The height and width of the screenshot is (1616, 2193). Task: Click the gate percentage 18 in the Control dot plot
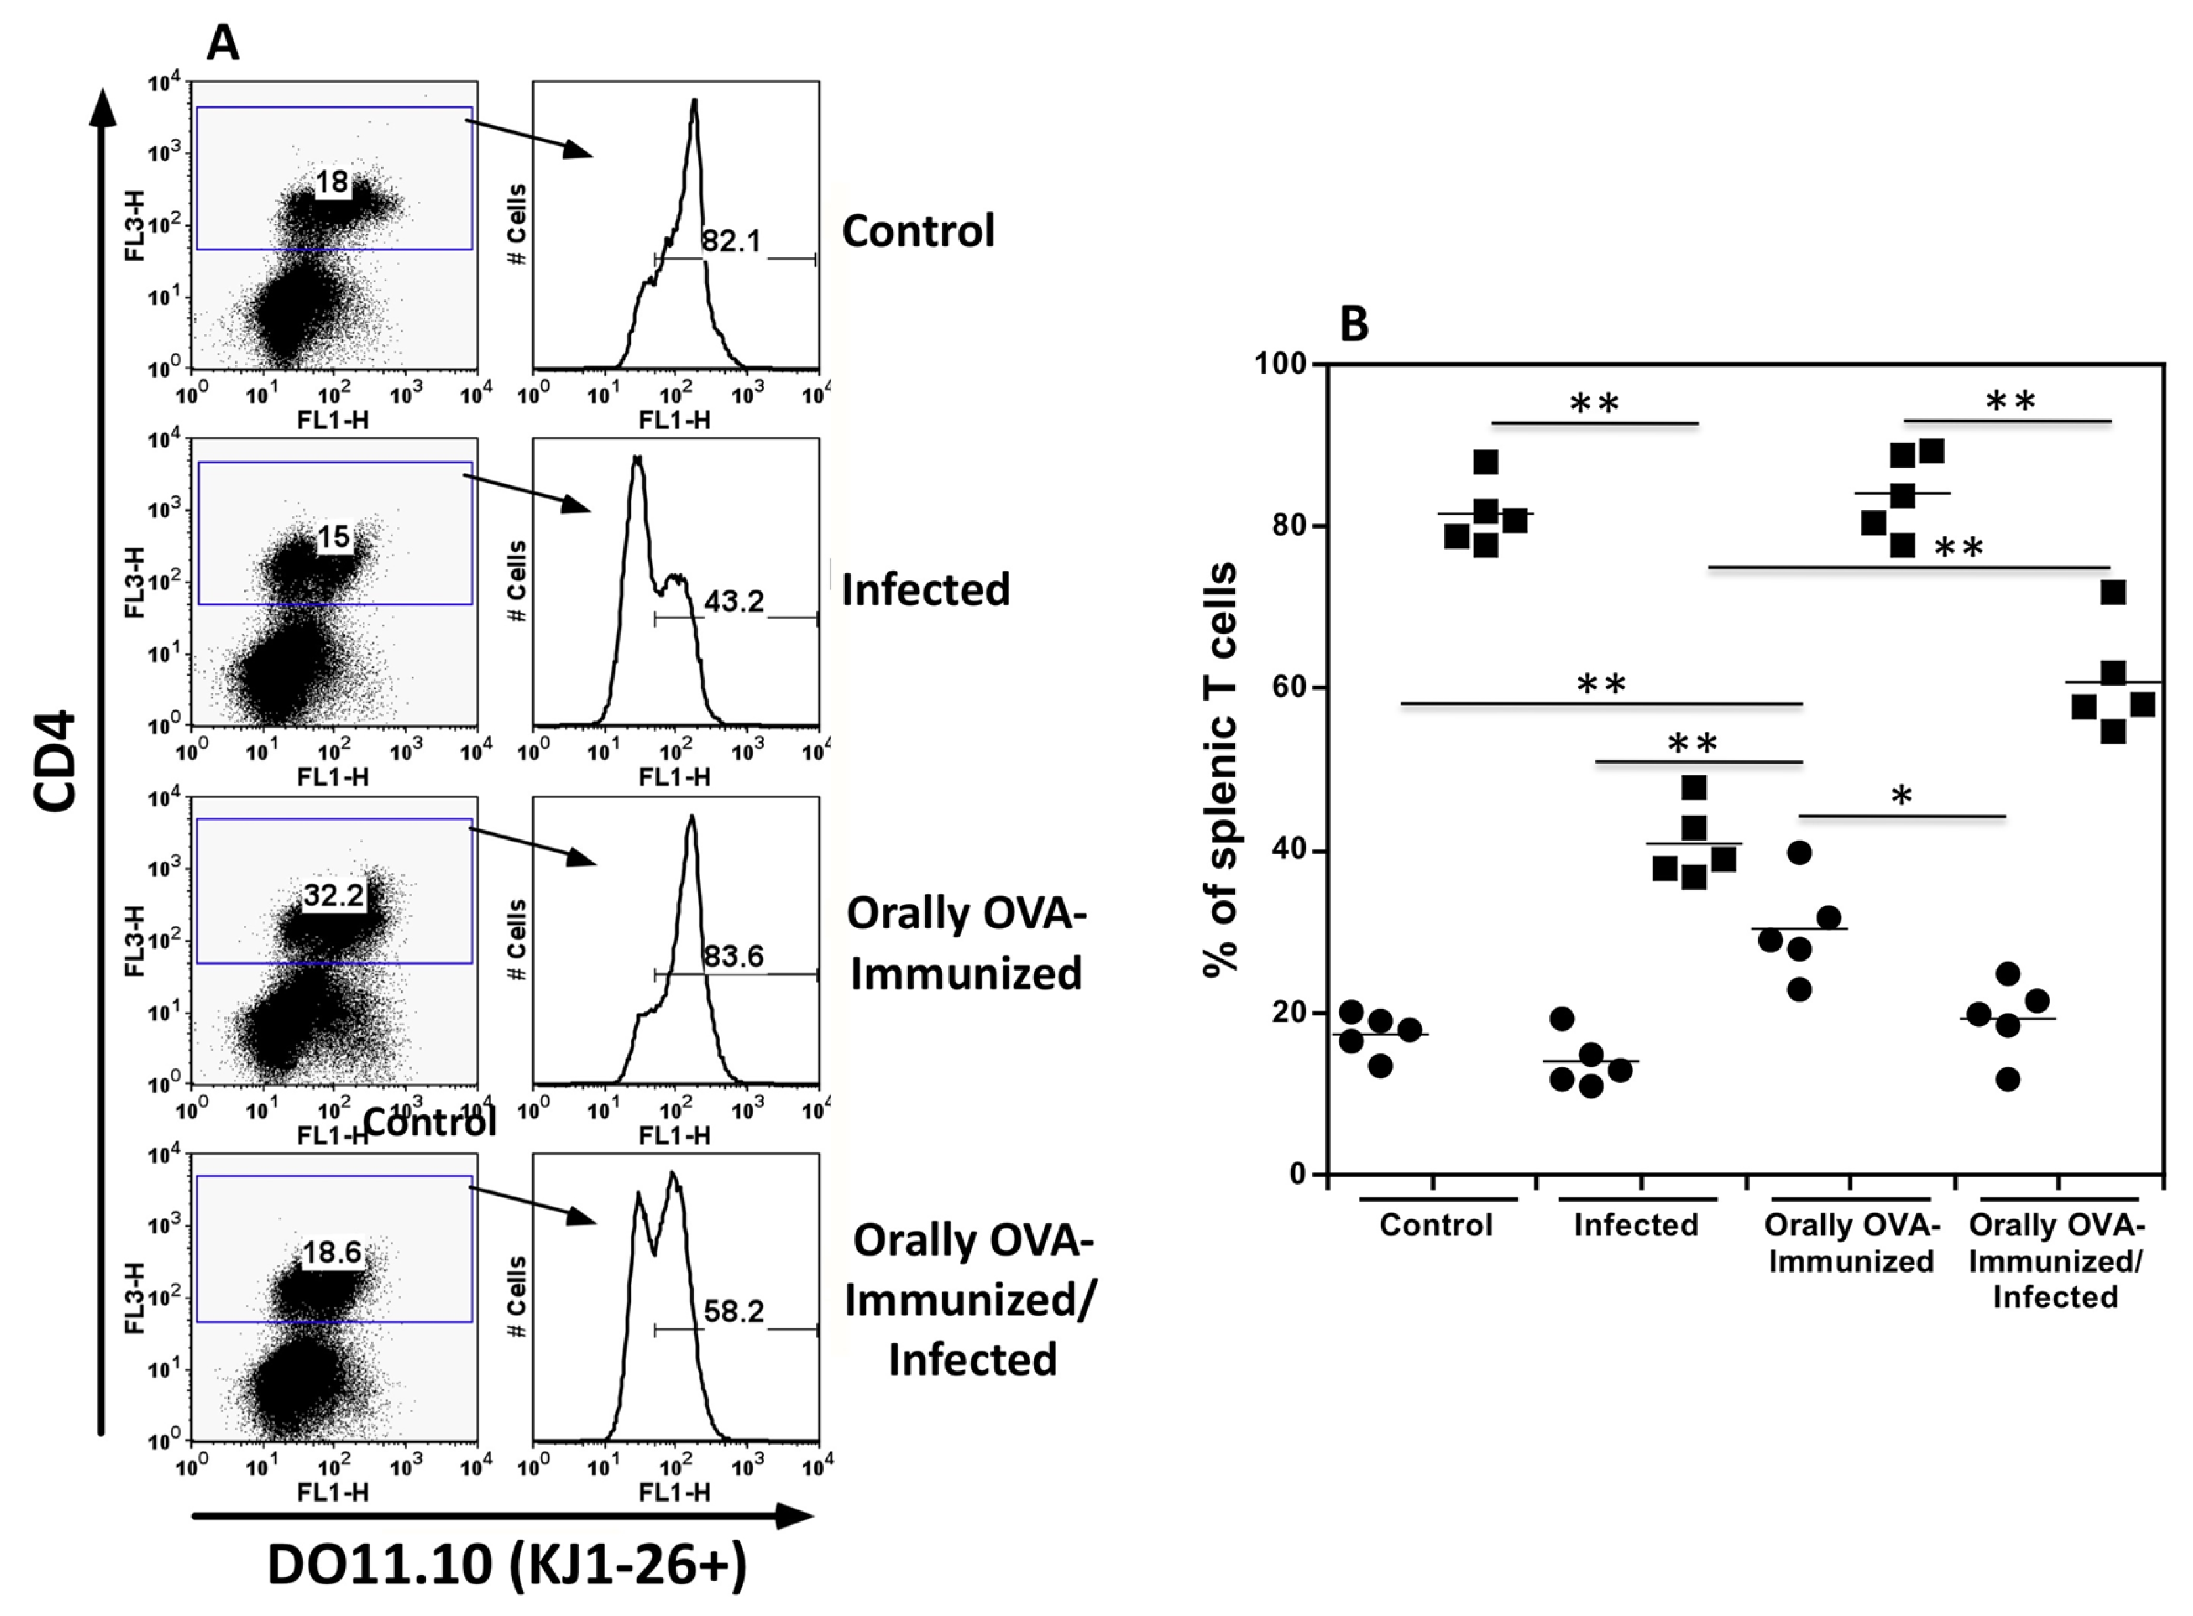pyautogui.click(x=332, y=182)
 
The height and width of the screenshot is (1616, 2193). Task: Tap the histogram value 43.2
pyautogui.click(x=734, y=601)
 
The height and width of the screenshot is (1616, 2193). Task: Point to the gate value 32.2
pyautogui.click(x=334, y=895)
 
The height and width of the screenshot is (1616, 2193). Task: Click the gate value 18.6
pyautogui.click(x=332, y=1252)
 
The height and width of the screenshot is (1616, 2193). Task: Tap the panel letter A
pyautogui.click(x=223, y=44)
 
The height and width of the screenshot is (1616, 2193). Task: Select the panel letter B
pyautogui.click(x=1354, y=324)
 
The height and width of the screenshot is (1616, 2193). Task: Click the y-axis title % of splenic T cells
pyautogui.click(x=1221, y=770)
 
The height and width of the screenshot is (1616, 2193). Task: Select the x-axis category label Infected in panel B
pyautogui.click(x=1635, y=1225)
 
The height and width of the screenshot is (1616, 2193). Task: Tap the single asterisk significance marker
pyautogui.click(x=1901, y=797)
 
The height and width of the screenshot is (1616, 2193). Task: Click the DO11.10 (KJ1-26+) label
pyautogui.click(x=506, y=1564)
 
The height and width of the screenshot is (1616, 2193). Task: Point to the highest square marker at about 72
pyautogui.click(x=2113, y=593)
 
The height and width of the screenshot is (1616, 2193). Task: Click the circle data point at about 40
pyautogui.click(x=1800, y=853)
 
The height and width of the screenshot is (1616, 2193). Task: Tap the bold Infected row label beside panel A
pyautogui.click(x=925, y=590)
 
